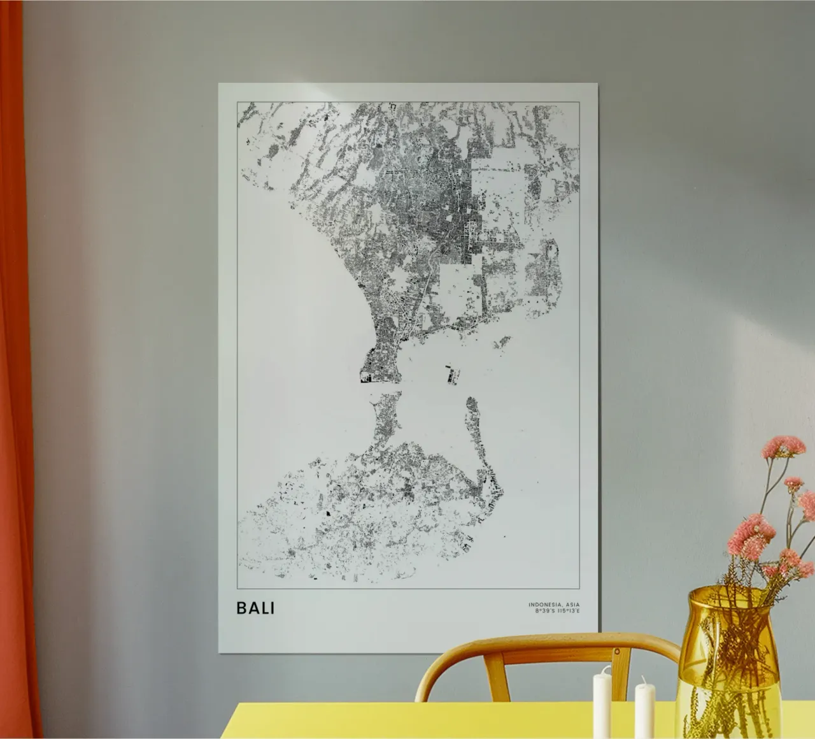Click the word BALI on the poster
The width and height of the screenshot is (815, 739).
255,608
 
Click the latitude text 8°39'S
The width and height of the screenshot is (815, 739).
545,612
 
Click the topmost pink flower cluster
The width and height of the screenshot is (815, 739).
783,445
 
